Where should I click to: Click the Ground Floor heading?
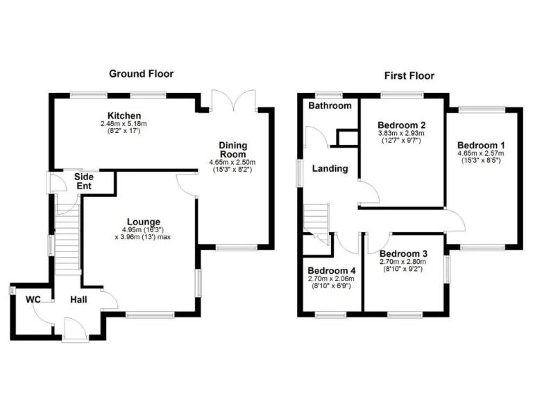[141, 73]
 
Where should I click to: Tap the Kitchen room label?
[124, 116]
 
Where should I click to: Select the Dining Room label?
[233, 150]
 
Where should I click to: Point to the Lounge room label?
[144, 222]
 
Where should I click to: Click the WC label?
[33, 300]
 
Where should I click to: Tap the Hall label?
[79, 300]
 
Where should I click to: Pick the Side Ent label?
[84, 181]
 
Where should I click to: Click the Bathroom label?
[330, 106]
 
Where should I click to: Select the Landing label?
[330, 168]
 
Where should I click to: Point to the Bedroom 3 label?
[403, 254]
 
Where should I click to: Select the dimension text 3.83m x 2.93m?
[400, 133]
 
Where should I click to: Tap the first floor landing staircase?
[316, 220]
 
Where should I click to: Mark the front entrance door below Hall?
[75, 328]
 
